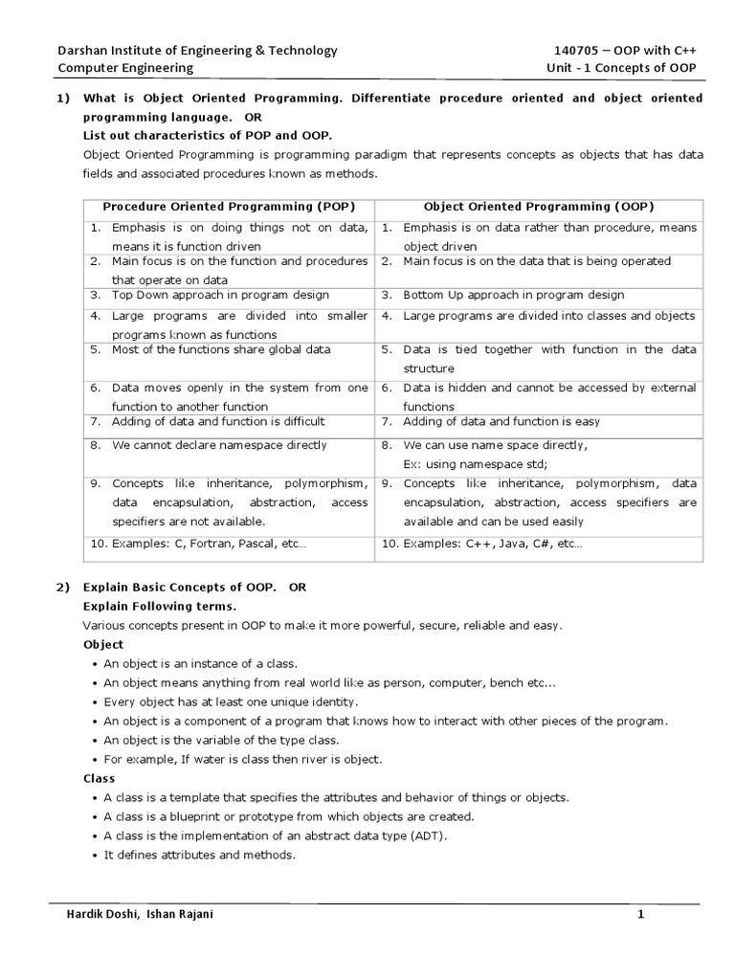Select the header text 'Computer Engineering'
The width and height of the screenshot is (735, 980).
125,68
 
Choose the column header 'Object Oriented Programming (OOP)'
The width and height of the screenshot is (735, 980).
539,207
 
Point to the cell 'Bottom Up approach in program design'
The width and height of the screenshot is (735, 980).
513,295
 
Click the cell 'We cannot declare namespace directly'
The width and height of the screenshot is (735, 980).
219,445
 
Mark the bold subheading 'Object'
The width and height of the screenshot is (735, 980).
103,644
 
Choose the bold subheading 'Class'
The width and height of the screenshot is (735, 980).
99,778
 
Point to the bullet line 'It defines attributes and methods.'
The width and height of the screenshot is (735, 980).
200,855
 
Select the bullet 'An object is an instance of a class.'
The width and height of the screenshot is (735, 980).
201,663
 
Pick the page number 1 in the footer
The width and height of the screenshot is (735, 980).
641,915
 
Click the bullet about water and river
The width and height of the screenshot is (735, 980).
229,759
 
